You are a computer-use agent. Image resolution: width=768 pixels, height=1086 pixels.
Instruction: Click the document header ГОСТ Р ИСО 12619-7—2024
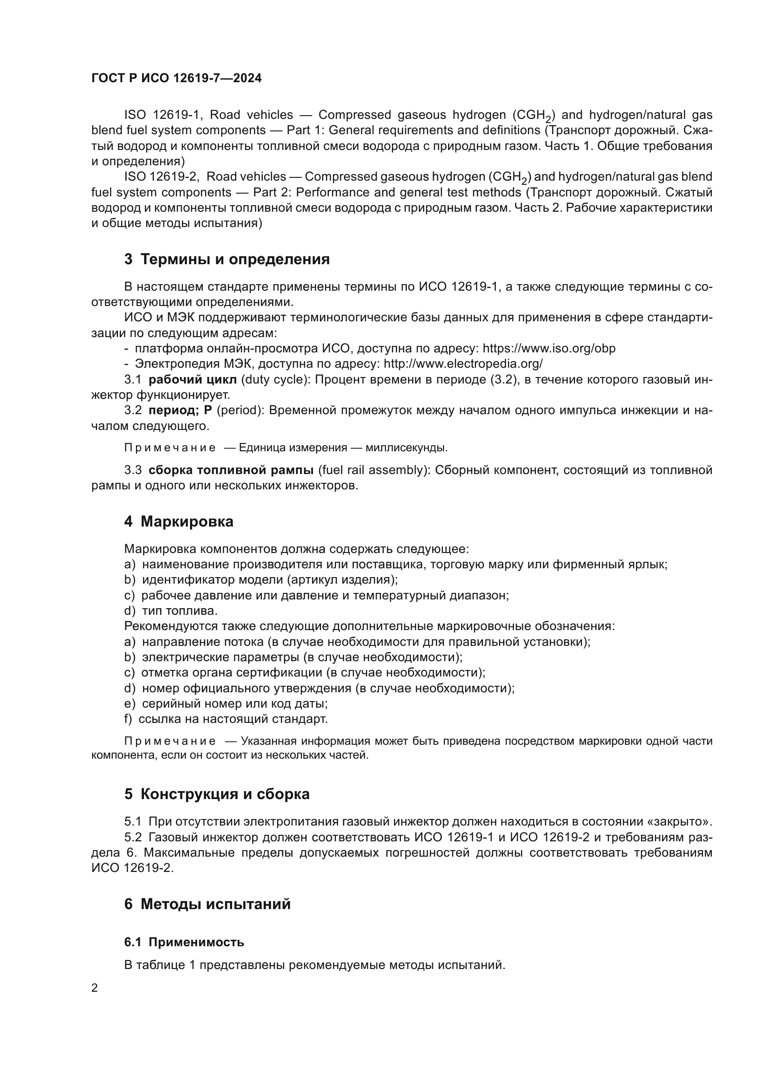click(176, 78)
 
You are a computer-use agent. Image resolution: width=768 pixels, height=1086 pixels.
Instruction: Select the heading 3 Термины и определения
click(227, 259)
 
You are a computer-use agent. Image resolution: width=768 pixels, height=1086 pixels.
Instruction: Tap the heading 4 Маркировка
click(179, 522)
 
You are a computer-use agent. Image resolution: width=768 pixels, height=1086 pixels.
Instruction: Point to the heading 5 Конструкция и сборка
click(217, 794)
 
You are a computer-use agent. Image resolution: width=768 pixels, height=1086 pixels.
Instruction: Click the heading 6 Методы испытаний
click(208, 904)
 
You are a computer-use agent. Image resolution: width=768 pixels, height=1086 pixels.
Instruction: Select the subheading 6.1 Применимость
click(184, 942)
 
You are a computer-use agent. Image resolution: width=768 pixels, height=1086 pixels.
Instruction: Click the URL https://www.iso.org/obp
click(549, 349)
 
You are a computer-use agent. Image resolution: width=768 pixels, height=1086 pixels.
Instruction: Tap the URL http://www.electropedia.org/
click(463, 364)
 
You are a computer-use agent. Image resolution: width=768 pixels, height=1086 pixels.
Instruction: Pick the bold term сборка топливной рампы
click(231, 470)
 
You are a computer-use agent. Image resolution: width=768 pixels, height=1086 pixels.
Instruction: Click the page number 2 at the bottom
click(95, 988)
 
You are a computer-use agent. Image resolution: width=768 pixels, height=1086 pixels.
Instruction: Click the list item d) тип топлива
click(171, 611)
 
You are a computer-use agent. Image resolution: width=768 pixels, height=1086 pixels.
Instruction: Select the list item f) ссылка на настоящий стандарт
click(226, 719)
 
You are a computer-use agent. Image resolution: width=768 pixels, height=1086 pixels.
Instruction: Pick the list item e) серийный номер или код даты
click(226, 703)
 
